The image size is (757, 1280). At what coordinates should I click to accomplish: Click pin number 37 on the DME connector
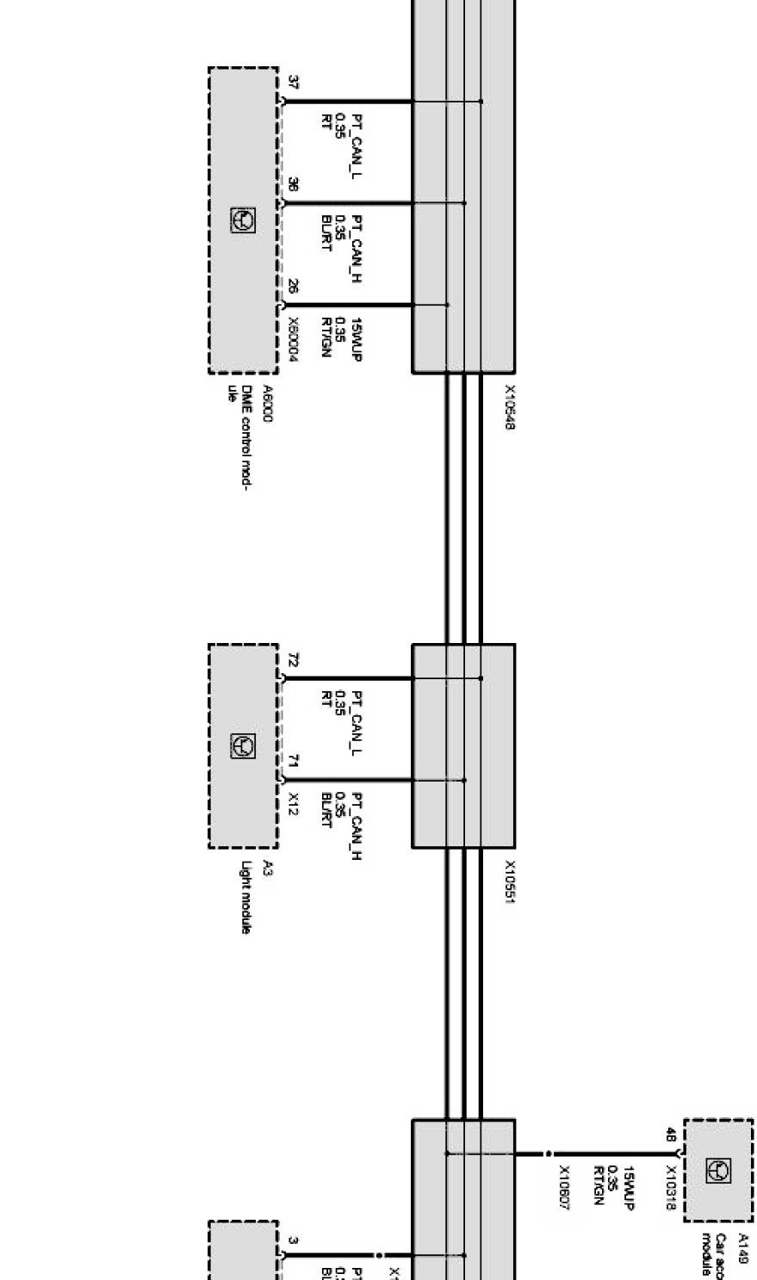click(294, 83)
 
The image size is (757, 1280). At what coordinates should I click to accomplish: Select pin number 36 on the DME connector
click(294, 185)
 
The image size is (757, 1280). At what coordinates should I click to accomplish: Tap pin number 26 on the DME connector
click(294, 287)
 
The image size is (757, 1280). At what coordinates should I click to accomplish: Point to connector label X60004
click(294, 340)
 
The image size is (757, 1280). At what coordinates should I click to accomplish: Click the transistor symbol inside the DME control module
click(243, 220)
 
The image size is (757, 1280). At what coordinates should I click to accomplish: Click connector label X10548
click(509, 407)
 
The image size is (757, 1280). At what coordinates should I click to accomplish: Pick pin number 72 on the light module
click(294, 660)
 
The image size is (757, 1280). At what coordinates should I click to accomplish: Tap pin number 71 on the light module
click(294, 762)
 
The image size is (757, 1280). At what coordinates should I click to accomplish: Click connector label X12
click(294, 804)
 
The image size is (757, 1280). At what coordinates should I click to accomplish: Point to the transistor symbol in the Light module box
click(243, 746)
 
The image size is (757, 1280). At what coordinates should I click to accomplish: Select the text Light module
click(247, 898)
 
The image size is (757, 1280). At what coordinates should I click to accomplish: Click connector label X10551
click(509, 882)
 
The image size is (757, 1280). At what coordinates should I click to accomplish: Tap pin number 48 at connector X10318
click(670, 1135)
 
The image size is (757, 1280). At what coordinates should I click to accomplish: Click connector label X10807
click(564, 1188)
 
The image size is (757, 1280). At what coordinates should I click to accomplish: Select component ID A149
click(742, 1247)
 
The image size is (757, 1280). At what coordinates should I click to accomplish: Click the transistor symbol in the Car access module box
click(718, 1170)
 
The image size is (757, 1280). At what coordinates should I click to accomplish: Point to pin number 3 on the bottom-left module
click(294, 1240)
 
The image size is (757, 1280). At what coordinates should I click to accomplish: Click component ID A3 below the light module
click(267, 868)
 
